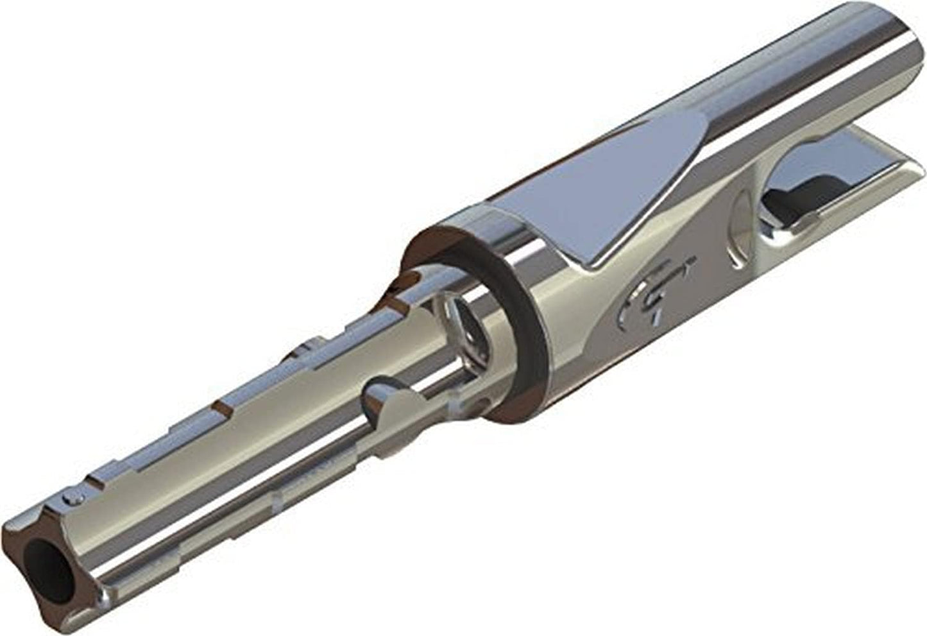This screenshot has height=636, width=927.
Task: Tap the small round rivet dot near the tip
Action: tap(76, 497)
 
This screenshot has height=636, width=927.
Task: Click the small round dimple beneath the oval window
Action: tap(478, 404)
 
